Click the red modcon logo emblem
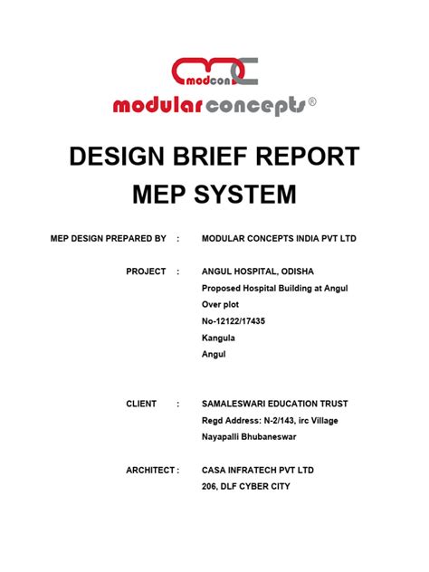pyautogui.click(x=214, y=71)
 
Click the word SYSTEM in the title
pyautogui.click(x=245, y=194)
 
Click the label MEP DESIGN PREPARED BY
pyautogui.click(x=108, y=238)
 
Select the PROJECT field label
pyautogui.click(x=146, y=272)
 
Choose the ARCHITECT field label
pyautogui.click(x=149, y=470)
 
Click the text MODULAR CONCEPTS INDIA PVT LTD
pyautogui.click(x=279, y=238)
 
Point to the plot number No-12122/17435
pyautogui.click(x=234, y=321)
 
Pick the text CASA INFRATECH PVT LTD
pyautogui.click(x=258, y=470)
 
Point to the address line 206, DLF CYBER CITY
pyautogui.click(x=245, y=486)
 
